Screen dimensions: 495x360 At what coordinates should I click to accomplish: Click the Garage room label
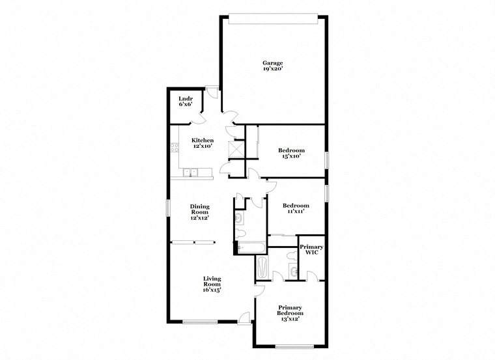click(272, 62)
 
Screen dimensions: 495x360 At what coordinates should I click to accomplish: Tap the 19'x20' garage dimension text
click(272, 68)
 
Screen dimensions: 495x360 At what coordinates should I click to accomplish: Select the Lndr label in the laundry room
click(186, 98)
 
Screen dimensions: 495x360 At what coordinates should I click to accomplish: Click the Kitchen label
click(203, 140)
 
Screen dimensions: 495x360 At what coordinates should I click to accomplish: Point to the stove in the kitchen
click(175, 147)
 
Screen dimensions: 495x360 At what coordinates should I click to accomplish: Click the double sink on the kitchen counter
click(190, 173)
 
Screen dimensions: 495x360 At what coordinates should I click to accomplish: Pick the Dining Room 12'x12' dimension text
click(199, 217)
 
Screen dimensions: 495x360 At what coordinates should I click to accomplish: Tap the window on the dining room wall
click(168, 208)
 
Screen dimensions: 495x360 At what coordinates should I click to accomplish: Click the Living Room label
click(212, 281)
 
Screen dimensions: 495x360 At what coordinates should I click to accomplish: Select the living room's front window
click(200, 322)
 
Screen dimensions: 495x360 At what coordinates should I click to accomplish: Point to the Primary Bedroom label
click(290, 310)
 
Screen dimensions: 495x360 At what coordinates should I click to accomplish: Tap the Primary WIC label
click(311, 249)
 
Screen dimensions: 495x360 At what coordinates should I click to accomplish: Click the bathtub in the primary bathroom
click(262, 267)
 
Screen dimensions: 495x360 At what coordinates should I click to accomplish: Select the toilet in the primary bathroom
click(292, 255)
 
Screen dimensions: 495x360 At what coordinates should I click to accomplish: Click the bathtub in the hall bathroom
click(251, 247)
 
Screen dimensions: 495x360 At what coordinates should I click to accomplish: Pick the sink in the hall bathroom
click(239, 217)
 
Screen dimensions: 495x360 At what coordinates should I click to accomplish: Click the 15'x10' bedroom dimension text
click(291, 156)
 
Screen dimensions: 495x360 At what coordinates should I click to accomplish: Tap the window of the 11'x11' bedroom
click(328, 192)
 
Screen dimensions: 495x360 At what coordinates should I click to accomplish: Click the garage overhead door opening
click(273, 19)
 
